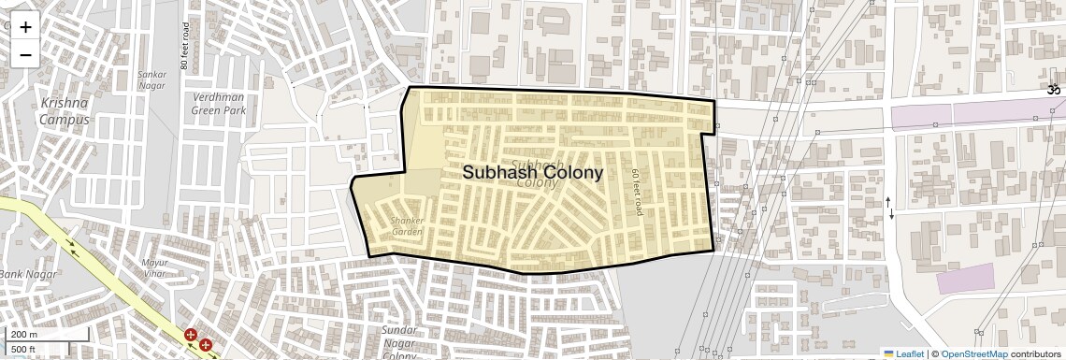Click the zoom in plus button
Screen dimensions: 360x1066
(25, 27)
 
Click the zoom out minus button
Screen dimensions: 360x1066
(25, 54)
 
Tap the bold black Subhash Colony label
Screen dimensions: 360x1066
(532, 173)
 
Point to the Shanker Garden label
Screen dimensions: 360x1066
(407, 225)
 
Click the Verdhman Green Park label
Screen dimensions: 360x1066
(219, 103)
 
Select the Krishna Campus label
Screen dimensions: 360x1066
(65, 110)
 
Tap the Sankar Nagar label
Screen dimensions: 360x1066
(151, 79)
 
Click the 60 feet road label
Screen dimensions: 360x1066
(637, 193)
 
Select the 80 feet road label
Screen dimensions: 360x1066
(185, 46)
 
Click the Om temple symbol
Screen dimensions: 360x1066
(1053, 90)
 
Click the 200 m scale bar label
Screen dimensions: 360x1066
(24, 334)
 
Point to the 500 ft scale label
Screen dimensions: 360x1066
(23, 349)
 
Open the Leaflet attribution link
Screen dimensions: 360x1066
(903, 353)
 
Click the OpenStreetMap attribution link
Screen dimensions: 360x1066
(973, 353)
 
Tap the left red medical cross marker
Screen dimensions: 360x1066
(191, 335)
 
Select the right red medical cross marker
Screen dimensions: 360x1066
(206, 345)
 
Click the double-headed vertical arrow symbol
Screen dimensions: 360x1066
(890, 212)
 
